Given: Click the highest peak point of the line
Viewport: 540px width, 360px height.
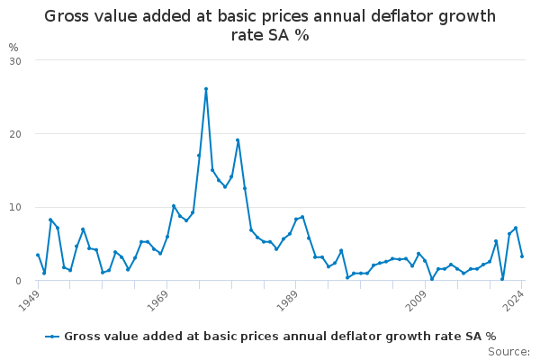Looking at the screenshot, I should tap(206, 89).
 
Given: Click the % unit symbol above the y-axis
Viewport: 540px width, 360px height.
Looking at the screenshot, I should tap(13, 47).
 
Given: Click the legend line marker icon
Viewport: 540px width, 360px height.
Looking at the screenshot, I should tap(54, 336).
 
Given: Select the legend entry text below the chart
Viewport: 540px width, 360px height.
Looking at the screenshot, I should tap(279, 336).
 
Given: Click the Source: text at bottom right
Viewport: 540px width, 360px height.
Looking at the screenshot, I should tap(509, 351).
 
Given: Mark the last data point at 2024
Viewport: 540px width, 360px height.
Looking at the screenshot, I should tap(522, 256).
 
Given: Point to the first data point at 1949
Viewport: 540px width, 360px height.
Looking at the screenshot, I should tap(38, 255).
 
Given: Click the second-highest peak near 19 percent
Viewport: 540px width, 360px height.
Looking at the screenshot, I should tap(238, 140).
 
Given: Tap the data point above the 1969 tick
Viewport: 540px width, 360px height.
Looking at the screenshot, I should tap(167, 237).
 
